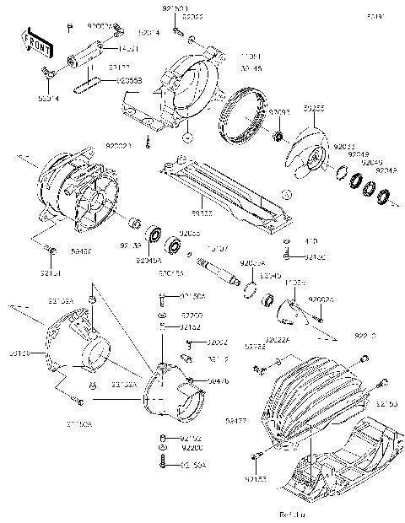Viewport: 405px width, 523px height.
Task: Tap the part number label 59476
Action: [x=218, y=381]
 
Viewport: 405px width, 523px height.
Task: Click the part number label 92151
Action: [x=50, y=272]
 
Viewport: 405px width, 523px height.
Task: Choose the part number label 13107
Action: [x=218, y=248]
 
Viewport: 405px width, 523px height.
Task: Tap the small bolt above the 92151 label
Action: [x=51, y=251]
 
